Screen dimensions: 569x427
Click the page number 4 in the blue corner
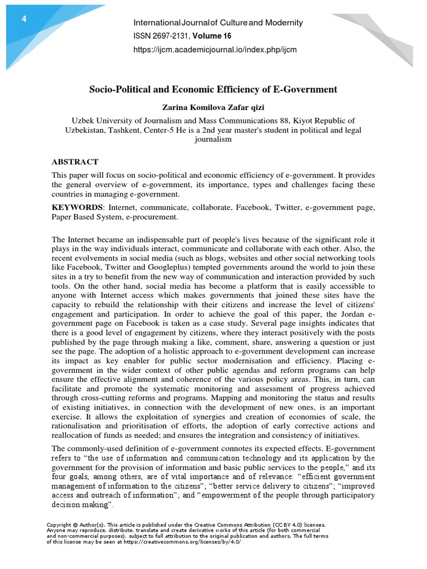coord(24,19)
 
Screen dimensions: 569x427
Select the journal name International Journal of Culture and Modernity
coord(218,23)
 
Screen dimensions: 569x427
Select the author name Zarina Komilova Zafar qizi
coord(213,107)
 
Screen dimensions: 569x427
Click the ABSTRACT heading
coord(75,162)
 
